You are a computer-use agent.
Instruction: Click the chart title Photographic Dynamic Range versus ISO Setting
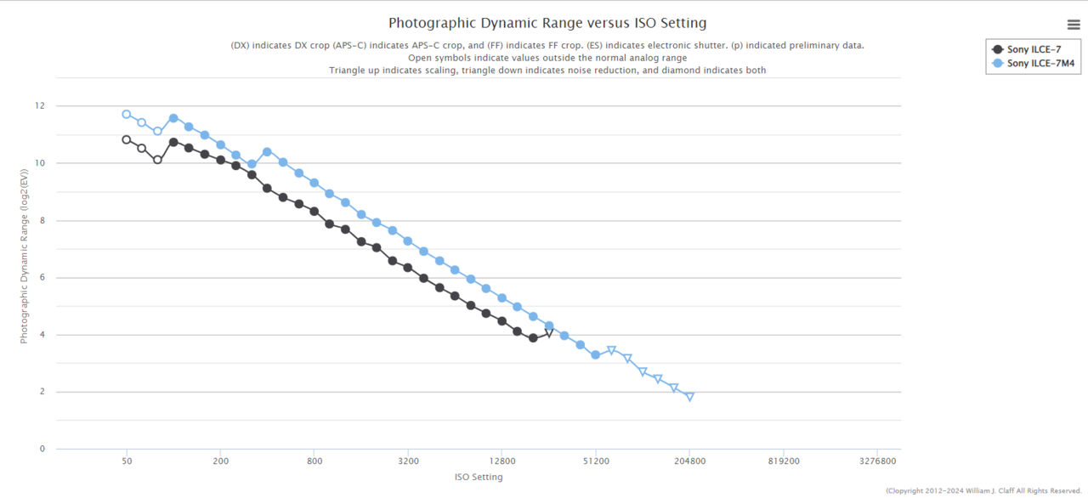pos(547,23)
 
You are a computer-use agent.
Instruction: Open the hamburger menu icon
pos(1074,25)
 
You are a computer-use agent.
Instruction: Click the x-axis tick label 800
pos(314,461)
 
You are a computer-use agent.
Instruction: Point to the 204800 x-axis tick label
pos(689,461)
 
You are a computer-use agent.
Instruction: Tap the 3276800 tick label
pos(877,461)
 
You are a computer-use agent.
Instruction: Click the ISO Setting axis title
pos(479,477)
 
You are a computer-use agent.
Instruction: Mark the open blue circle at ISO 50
pos(127,114)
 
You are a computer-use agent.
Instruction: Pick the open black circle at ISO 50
pos(127,139)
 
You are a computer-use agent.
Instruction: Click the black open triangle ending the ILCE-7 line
pos(549,333)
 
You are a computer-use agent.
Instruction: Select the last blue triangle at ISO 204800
pos(689,397)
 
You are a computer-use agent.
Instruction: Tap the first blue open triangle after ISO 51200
pos(611,350)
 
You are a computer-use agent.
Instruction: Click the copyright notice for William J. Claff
pos(983,490)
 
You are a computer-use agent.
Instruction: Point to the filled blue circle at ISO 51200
pos(595,354)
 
